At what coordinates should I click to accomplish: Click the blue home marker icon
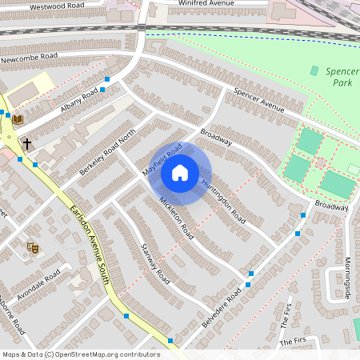tap(180, 172)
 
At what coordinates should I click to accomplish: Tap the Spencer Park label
tap(342, 77)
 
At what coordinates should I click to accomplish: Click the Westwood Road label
tap(57, 6)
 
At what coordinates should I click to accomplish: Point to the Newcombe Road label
tap(30, 58)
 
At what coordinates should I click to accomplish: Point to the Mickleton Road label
tap(176, 218)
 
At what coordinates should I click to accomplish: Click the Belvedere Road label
tap(222, 305)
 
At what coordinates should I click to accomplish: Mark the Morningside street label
tap(348, 277)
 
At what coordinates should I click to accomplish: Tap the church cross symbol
tap(27, 144)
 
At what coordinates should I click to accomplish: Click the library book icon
tap(17, 120)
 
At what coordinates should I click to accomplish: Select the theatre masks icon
tap(33, 248)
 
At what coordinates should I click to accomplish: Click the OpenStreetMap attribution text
tap(81, 354)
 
